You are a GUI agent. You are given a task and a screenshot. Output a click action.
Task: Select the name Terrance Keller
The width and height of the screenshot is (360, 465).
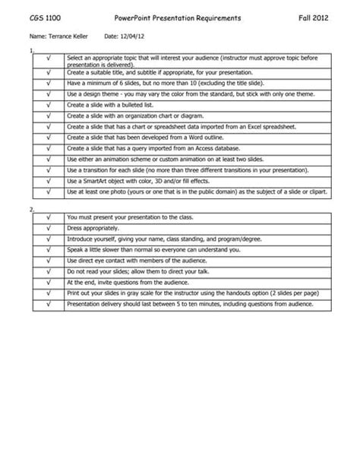71,36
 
